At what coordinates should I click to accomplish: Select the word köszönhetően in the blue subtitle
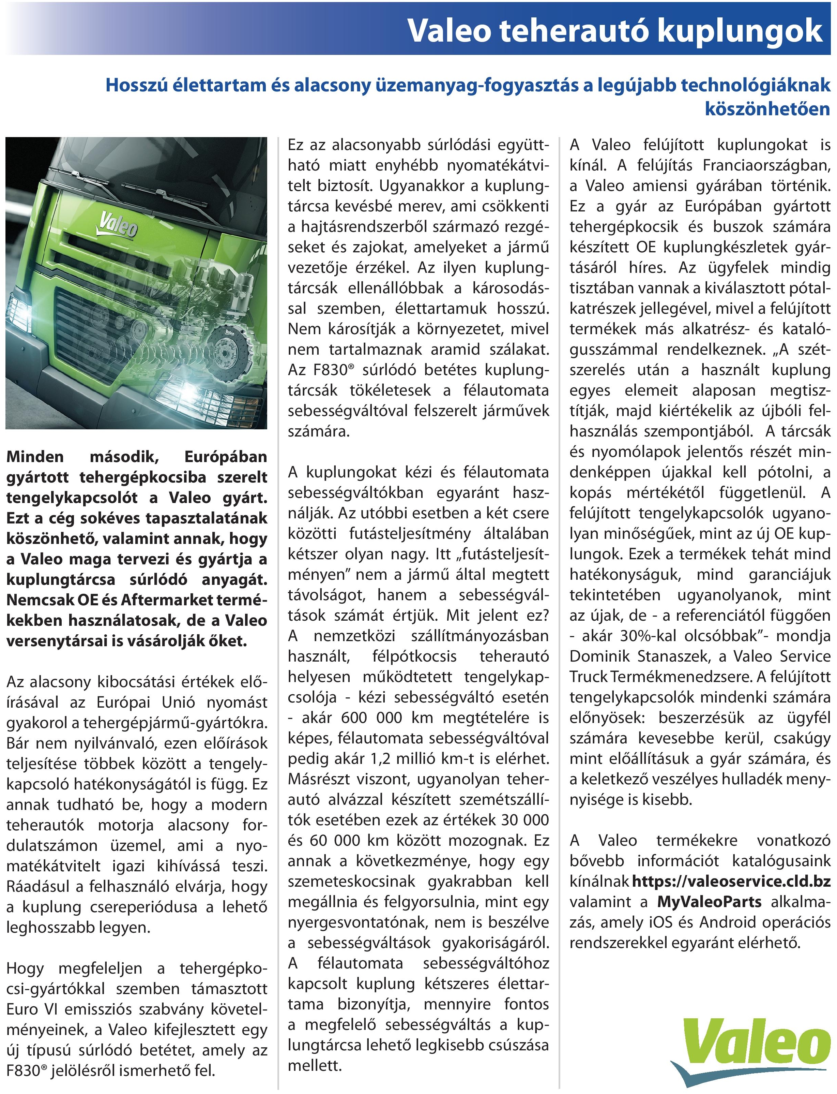pyautogui.click(x=767, y=109)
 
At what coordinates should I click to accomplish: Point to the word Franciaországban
pyautogui.click(x=767, y=165)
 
